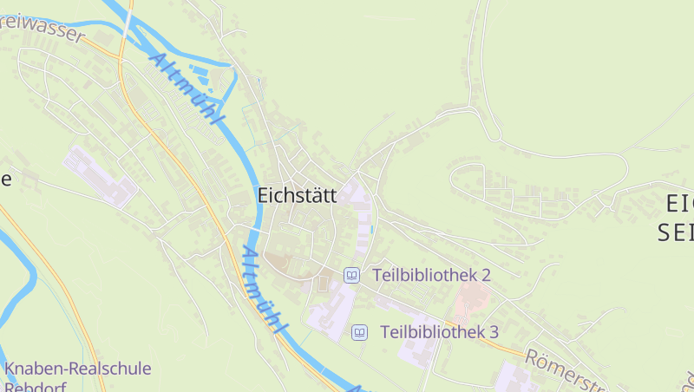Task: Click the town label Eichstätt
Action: click(x=297, y=196)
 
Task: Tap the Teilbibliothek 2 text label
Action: click(x=432, y=275)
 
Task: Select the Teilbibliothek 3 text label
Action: click(x=439, y=332)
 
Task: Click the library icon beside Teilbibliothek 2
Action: click(x=351, y=275)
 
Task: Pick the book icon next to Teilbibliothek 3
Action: click(x=359, y=332)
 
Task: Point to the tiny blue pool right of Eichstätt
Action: click(x=372, y=229)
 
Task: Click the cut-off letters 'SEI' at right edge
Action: click(x=675, y=232)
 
